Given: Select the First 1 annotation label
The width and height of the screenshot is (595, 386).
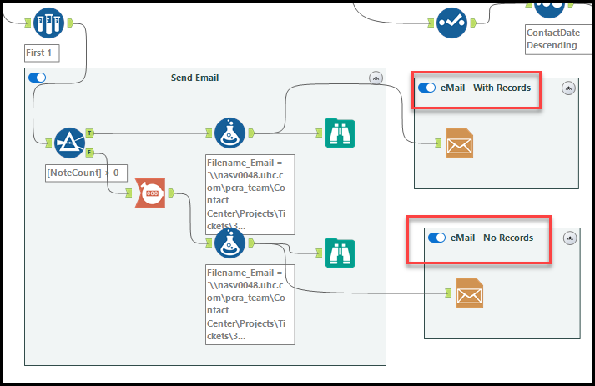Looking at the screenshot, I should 43,53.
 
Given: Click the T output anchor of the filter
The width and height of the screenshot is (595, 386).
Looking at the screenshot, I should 89,133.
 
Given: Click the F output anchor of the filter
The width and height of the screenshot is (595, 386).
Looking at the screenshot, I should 89,153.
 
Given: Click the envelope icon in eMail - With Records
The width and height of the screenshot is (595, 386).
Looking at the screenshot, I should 459,143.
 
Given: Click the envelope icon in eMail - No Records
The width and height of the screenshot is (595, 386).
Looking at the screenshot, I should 469,293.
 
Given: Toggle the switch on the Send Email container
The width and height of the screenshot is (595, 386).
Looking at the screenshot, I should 37,78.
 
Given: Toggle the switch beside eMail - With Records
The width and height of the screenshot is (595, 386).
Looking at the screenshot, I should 427,88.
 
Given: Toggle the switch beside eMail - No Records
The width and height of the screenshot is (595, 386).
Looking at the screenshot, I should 436,238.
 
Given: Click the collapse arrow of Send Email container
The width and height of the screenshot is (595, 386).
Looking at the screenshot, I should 376,78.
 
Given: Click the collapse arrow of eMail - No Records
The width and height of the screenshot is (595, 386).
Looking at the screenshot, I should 570,238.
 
